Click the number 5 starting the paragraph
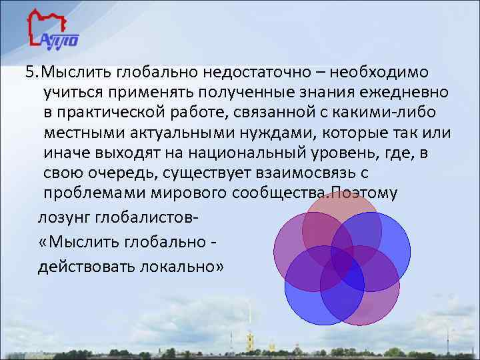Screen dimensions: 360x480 coord(21,71)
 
